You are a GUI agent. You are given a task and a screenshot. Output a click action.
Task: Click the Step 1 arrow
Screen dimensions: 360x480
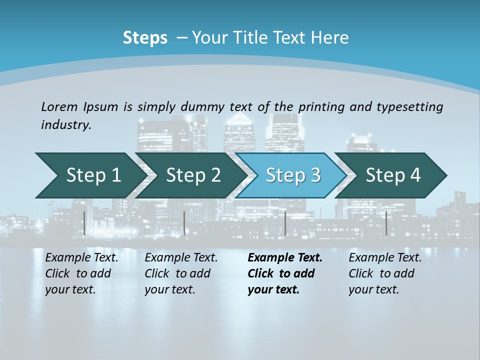click(x=90, y=175)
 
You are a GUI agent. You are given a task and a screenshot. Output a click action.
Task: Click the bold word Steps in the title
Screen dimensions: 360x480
click(x=145, y=38)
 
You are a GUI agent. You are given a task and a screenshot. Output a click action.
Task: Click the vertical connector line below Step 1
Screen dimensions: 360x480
click(x=84, y=223)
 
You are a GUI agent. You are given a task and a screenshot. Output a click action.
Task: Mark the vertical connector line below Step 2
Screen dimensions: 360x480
click(x=184, y=223)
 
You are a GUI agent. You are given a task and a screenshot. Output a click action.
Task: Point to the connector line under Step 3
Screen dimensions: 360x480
click(x=285, y=223)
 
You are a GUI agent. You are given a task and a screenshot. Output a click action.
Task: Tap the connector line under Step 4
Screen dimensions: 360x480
click(x=386, y=223)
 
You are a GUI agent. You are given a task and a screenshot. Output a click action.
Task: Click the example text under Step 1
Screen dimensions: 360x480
click(x=81, y=273)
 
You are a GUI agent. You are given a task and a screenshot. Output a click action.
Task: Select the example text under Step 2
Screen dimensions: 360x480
click(x=180, y=273)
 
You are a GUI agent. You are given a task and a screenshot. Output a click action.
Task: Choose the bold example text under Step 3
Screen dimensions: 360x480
click(x=284, y=273)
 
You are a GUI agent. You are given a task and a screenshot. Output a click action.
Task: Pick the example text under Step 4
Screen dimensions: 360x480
click(x=384, y=273)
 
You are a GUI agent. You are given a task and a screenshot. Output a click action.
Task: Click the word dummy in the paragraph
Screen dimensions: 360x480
click(x=204, y=106)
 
